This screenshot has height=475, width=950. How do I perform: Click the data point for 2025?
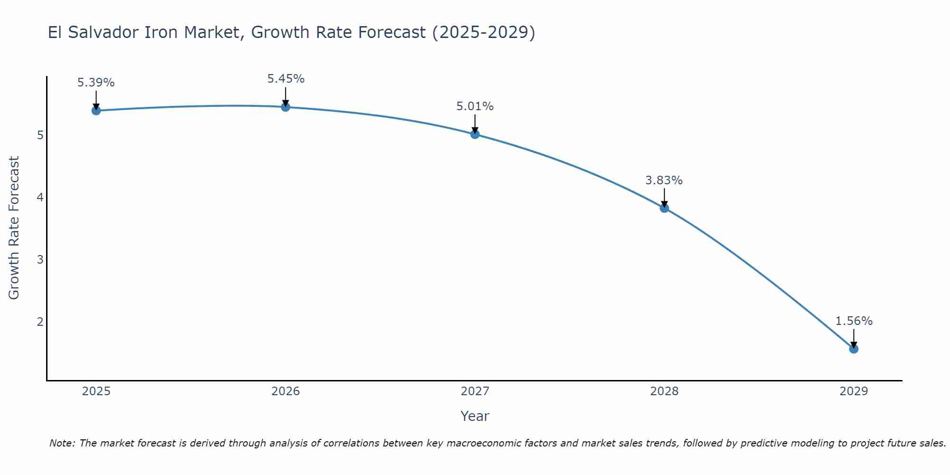click(x=96, y=111)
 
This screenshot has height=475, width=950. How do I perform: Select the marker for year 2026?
click(x=285, y=107)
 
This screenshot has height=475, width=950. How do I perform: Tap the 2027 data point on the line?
click(x=475, y=134)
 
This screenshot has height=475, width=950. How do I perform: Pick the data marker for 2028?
click(x=664, y=208)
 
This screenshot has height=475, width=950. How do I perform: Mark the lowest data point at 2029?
click(x=854, y=349)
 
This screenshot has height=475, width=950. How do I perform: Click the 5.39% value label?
click(x=96, y=83)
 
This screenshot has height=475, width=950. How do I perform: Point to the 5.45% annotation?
click(x=285, y=79)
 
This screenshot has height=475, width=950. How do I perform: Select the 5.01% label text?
click(x=475, y=106)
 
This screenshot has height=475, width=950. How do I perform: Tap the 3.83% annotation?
click(x=664, y=180)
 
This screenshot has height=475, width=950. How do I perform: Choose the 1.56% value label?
click(x=854, y=321)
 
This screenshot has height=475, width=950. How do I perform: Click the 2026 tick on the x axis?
click(x=285, y=391)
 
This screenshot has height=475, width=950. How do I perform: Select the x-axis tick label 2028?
click(x=664, y=391)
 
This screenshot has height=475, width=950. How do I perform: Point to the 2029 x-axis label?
click(x=854, y=391)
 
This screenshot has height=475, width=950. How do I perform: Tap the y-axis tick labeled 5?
click(x=40, y=135)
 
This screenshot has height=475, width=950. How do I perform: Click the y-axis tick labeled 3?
click(x=40, y=260)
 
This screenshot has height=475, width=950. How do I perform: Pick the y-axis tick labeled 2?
click(x=40, y=322)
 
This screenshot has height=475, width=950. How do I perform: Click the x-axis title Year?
click(x=475, y=416)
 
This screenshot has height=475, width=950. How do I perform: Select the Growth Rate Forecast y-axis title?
click(x=14, y=228)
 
